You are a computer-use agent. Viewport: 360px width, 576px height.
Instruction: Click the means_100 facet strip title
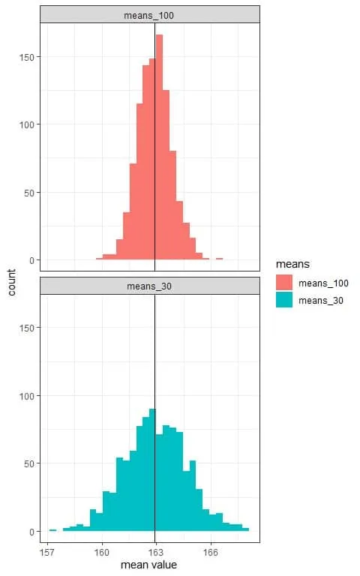pos(150,14)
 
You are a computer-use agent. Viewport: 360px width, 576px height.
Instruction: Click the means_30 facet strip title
pos(150,286)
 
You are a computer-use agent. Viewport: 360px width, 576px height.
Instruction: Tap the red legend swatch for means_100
pos(283,283)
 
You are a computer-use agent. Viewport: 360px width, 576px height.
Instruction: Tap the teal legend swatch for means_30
pos(283,301)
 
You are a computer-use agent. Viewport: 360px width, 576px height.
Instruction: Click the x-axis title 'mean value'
pos(148,565)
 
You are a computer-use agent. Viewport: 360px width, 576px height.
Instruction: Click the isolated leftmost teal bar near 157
pos(52,529)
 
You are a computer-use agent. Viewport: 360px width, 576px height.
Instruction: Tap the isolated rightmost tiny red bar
pos(219,259)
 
